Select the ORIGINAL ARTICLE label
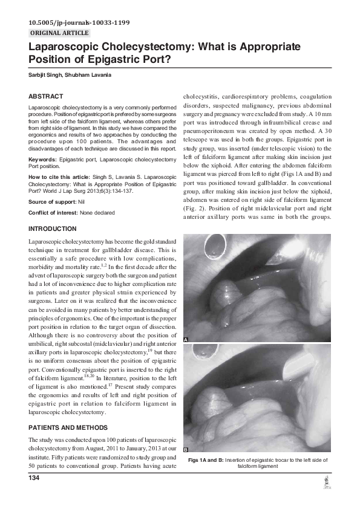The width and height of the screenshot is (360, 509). click(59, 33)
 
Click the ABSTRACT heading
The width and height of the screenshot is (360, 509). click(46, 96)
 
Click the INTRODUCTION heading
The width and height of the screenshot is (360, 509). click(53, 229)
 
